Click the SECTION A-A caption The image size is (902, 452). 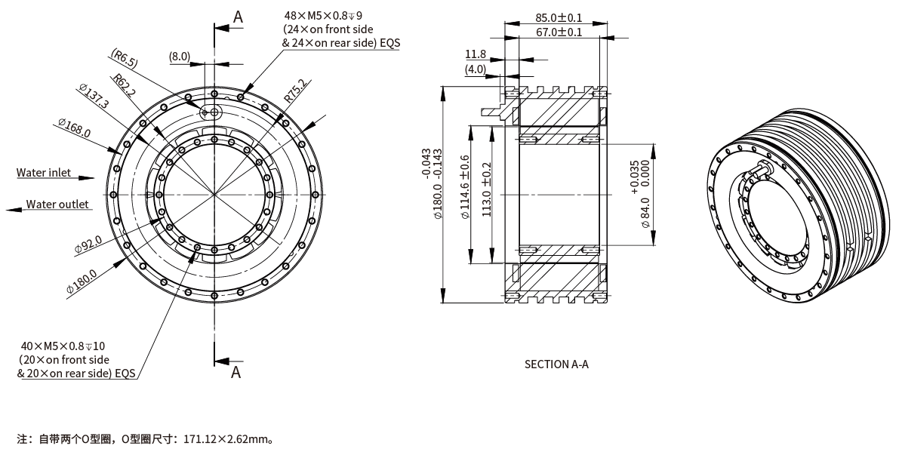tap(556, 364)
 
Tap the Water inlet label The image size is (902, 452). tap(44, 173)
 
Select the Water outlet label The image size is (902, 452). tap(57, 204)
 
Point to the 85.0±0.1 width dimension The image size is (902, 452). tap(558, 17)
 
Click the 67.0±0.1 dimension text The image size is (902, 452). tap(558, 32)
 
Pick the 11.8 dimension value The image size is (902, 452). tap(476, 54)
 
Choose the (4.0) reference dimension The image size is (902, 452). tap(476, 69)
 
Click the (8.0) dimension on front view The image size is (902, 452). tap(180, 57)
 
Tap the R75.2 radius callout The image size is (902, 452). tap(295, 91)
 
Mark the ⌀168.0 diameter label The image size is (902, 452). tap(73, 128)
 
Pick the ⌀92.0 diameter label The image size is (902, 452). tap(88, 244)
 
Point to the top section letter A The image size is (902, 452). tap(237, 16)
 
